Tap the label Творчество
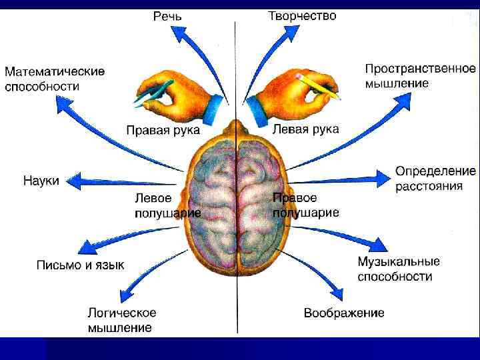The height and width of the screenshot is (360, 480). point(302,15)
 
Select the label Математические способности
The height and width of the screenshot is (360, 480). point(55,79)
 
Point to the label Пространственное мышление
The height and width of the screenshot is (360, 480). point(420,76)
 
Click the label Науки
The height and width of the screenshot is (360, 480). point(41,181)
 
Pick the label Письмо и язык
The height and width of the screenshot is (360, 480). point(80,265)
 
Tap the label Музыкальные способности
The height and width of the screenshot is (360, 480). point(399,269)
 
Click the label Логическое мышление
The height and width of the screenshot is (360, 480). point(122,319)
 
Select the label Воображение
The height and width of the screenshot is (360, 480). point(344,313)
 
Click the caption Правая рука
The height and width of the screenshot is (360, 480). point(163,130)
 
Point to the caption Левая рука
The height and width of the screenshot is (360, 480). point(306,129)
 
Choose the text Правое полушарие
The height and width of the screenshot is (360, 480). point(305,205)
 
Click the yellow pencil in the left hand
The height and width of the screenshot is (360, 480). point(320,85)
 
